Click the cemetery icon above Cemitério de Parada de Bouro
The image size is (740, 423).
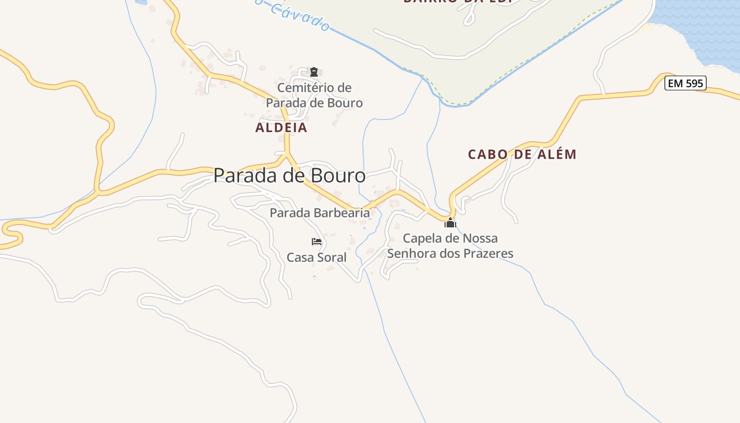pyautogui.click(x=314, y=72)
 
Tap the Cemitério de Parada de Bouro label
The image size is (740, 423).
pyautogui.click(x=314, y=95)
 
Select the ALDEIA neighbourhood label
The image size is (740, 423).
pyautogui.click(x=281, y=127)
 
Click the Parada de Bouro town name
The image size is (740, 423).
pyautogui.click(x=289, y=176)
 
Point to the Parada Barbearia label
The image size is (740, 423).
pyautogui.click(x=319, y=213)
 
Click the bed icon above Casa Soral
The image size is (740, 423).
pyautogui.click(x=317, y=242)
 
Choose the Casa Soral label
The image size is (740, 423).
pyautogui.click(x=317, y=258)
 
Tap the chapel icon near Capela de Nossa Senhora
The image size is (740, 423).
pyautogui.click(x=450, y=223)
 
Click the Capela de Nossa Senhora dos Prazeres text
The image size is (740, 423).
pyautogui.click(x=450, y=246)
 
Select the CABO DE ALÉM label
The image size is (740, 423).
pyautogui.click(x=522, y=154)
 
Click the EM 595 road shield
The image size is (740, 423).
pyautogui.click(x=685, y=83)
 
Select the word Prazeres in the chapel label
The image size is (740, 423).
pyautogui.click(x=488, y=253)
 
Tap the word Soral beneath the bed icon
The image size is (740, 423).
pyautogui.click(x=331, y=258)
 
